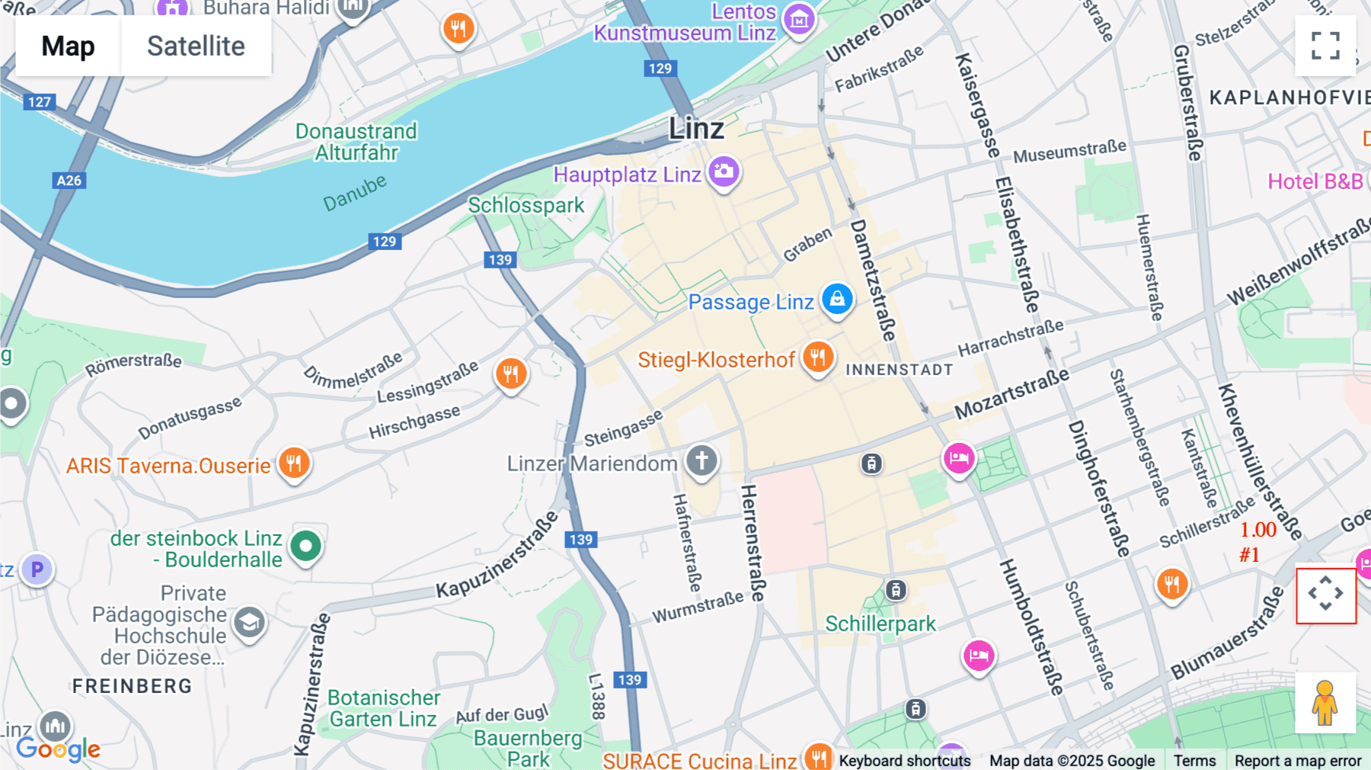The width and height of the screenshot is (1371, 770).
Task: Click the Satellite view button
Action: [196, 46]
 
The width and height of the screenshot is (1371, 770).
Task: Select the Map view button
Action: [68, 46]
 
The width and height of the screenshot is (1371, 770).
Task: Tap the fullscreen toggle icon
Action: [1325, 46]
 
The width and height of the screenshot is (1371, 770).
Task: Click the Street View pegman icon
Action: [1325, 702]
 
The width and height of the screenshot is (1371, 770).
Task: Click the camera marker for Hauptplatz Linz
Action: [724, 171]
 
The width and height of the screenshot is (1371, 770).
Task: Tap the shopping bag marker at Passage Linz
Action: [837, 299]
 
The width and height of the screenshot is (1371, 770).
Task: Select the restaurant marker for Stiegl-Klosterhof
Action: [818, 356]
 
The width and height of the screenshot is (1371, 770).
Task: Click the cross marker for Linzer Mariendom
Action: [701, 460]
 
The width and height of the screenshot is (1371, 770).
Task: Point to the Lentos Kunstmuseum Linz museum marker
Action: [799, 20]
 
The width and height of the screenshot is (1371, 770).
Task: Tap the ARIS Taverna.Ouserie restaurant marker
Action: [294, 462]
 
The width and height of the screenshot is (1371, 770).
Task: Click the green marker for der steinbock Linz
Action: [306, 546]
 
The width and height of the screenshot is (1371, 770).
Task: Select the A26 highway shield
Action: [69, 181]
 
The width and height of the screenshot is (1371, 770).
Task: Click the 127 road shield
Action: [40, 101]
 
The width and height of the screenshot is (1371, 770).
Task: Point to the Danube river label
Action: [355, 193]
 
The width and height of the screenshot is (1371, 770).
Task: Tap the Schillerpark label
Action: [880, 624]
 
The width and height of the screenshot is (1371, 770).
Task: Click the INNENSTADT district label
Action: [899, 370]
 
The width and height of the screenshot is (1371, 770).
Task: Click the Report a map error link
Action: [1298, 760]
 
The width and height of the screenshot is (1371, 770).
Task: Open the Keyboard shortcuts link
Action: [905, 760]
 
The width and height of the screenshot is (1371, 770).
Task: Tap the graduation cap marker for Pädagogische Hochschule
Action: [249, 623]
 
